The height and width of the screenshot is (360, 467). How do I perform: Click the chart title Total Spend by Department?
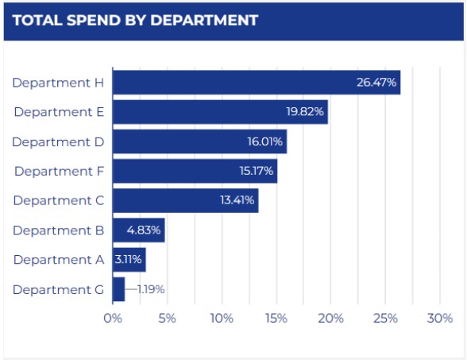[x=135, y=21]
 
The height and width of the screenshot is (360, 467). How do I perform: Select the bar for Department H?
[x=238, y=83]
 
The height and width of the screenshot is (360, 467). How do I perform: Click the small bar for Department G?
[x=118, y=289]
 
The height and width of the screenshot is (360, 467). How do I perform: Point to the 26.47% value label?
[x=376, y=83]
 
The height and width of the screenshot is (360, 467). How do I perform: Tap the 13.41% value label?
[x=237, y=200]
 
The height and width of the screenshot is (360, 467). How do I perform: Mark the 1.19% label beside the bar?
[x=151, y=289]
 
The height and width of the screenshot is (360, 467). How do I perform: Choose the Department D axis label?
[x=58, y=141]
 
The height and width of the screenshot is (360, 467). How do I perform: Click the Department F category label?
[x=59, y=171]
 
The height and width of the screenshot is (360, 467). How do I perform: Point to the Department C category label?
[x=58, y=200]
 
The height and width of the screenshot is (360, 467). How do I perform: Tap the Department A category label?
[x=59, y=260]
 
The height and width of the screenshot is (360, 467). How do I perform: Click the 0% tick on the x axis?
[x=113, y=319]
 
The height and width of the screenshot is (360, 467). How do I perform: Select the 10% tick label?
[x=222, y=319]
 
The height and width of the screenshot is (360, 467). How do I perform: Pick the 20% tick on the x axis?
[x=330, y=319]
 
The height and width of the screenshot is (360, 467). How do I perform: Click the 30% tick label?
[x=439, y=319]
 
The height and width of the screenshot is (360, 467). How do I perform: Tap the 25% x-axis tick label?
[x=385, y=319]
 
